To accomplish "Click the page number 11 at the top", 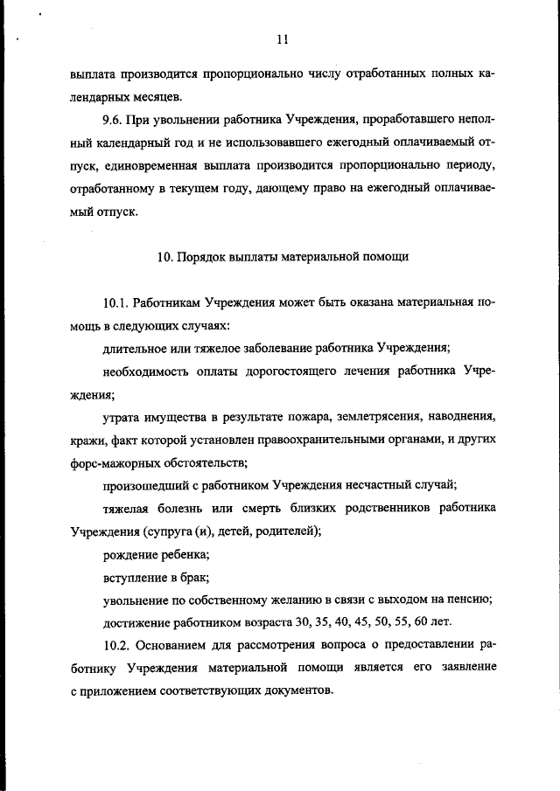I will click(281, 38).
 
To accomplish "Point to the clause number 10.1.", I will click(116, 304).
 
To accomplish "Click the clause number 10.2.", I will click(116, 645).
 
